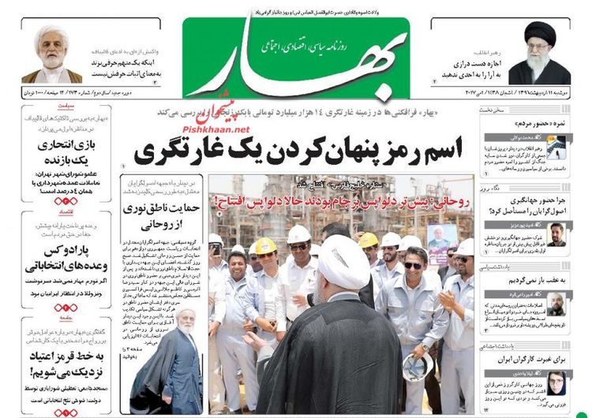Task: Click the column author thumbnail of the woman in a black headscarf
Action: tap(557, 383)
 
